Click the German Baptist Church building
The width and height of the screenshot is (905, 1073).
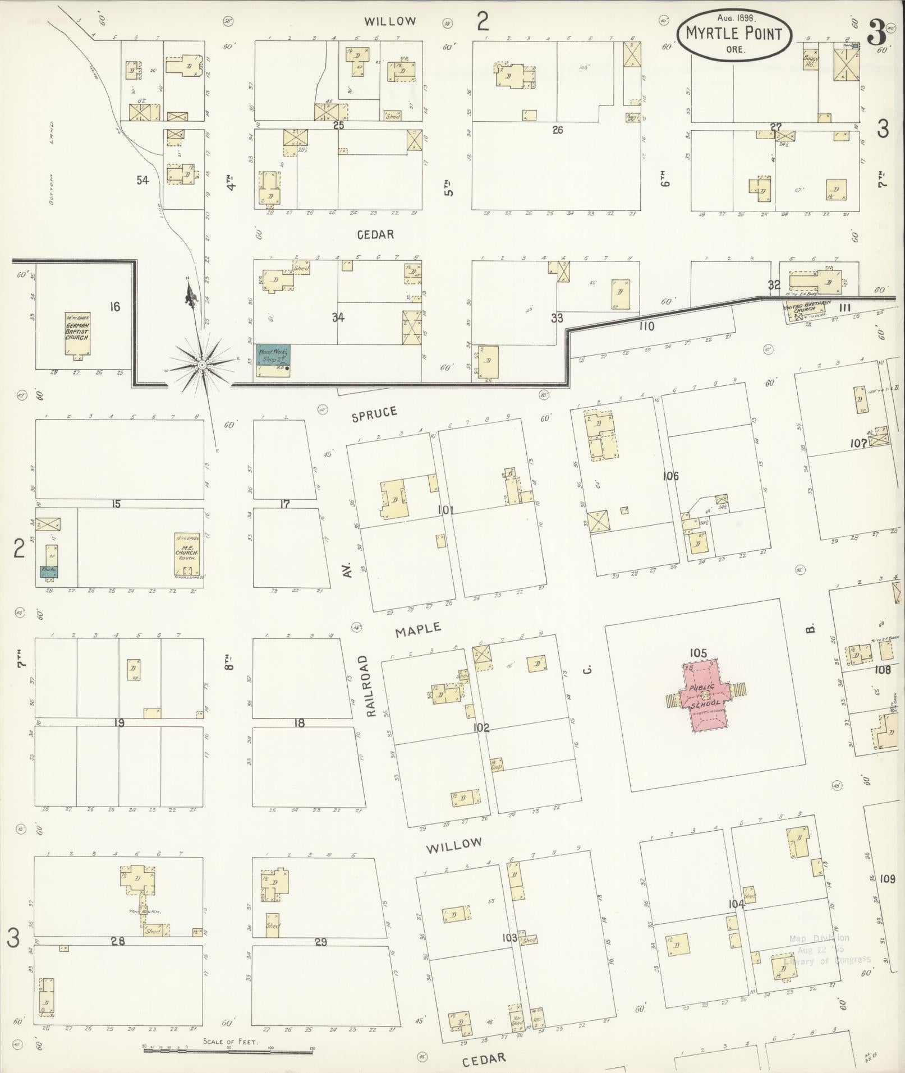pos(77,334)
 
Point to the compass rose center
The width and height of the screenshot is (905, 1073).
pos(201,365)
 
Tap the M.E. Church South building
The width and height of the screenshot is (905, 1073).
pos(187,555)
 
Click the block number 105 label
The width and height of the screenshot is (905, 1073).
pos(699,653)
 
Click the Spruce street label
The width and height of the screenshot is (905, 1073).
pos(374,414)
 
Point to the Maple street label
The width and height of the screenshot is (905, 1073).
pos(418,630)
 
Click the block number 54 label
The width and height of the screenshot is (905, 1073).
pos(143,180)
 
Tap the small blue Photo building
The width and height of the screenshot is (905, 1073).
pos(49,572)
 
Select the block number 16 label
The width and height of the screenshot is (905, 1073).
pos(115,307)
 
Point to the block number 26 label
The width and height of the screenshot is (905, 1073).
pos(557,130)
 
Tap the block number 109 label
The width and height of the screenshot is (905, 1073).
pos(888,879)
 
